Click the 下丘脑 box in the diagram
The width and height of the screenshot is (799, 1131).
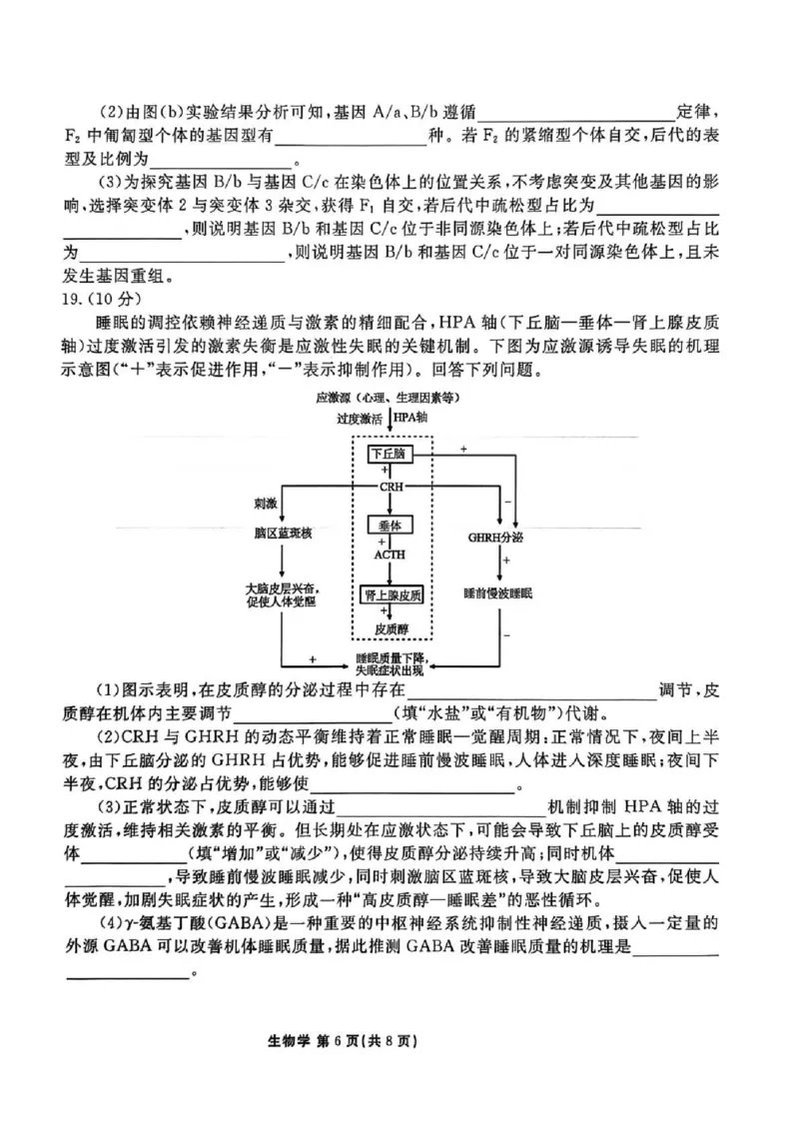(x=390, y=454)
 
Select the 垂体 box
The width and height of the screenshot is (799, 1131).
(x=390, y=525)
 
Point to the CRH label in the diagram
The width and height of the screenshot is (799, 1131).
(x=391, y=487)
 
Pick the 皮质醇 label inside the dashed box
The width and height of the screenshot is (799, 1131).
(x=391, y=628)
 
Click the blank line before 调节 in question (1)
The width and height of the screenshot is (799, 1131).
(x=529, y=689)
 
